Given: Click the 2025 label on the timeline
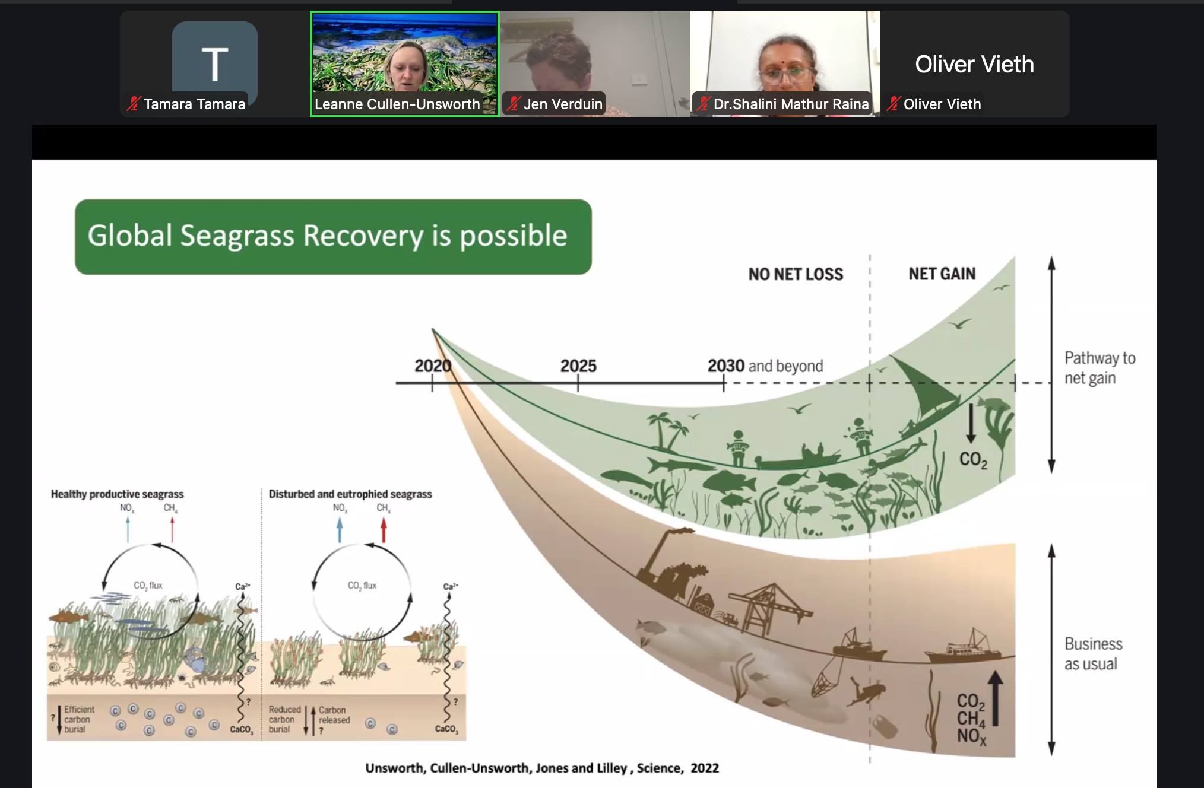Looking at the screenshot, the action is [x=578, y=366].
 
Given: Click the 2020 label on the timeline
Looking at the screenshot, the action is [x=433, y=366].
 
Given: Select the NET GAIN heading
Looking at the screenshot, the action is [x=942, y=274].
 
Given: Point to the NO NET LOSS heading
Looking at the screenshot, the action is [x=796, y=274].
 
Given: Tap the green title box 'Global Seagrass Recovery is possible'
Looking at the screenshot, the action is [x=333, y=237].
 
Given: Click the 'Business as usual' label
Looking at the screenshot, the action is [x=1093, y=654].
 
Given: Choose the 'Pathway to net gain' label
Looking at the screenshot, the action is [x=1100, y=368].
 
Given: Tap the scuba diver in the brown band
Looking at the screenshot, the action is [x=866, y=692].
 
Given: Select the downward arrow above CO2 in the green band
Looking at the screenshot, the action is [x=971, y=423].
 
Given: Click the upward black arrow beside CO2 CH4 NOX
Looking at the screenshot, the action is [x=996, y=698].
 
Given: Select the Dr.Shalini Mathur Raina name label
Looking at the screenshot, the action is [x=782, y=104].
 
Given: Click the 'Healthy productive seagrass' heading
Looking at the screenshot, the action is [x=117, y=494].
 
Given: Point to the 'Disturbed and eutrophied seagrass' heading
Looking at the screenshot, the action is [x=350, y=494].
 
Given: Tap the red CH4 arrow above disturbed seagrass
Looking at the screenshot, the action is [x=384, y=530].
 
